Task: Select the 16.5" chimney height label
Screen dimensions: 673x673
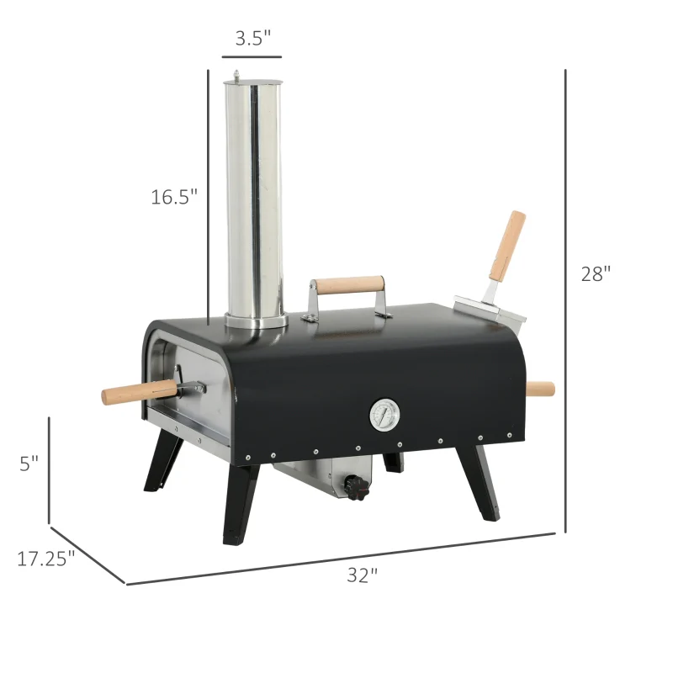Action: point(174,197)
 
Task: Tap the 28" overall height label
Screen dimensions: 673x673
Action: point(596,273)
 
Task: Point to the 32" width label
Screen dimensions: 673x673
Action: point(363,575)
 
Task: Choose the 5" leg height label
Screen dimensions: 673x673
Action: point(29,464)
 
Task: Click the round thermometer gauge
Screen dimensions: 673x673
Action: point(384,414)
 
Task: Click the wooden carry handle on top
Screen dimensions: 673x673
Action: point(347,285)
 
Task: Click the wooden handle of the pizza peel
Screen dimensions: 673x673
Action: point(508,246)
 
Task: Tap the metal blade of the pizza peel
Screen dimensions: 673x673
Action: point(491,309)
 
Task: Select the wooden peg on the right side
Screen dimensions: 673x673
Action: point(540,389)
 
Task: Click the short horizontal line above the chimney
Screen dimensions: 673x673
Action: point(252,57)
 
